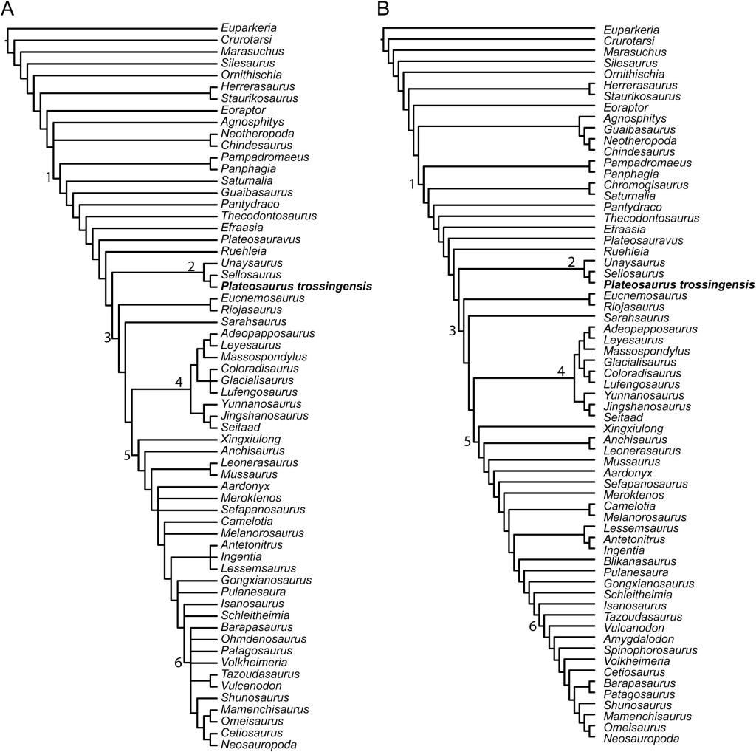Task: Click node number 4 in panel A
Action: pos(178,382)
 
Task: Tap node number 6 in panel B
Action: pos(533,627)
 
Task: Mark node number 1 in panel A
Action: pos(49,177)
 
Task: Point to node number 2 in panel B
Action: pos(570,262)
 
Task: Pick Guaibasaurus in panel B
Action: pos(639,129)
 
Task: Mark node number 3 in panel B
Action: pos(453,329)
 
